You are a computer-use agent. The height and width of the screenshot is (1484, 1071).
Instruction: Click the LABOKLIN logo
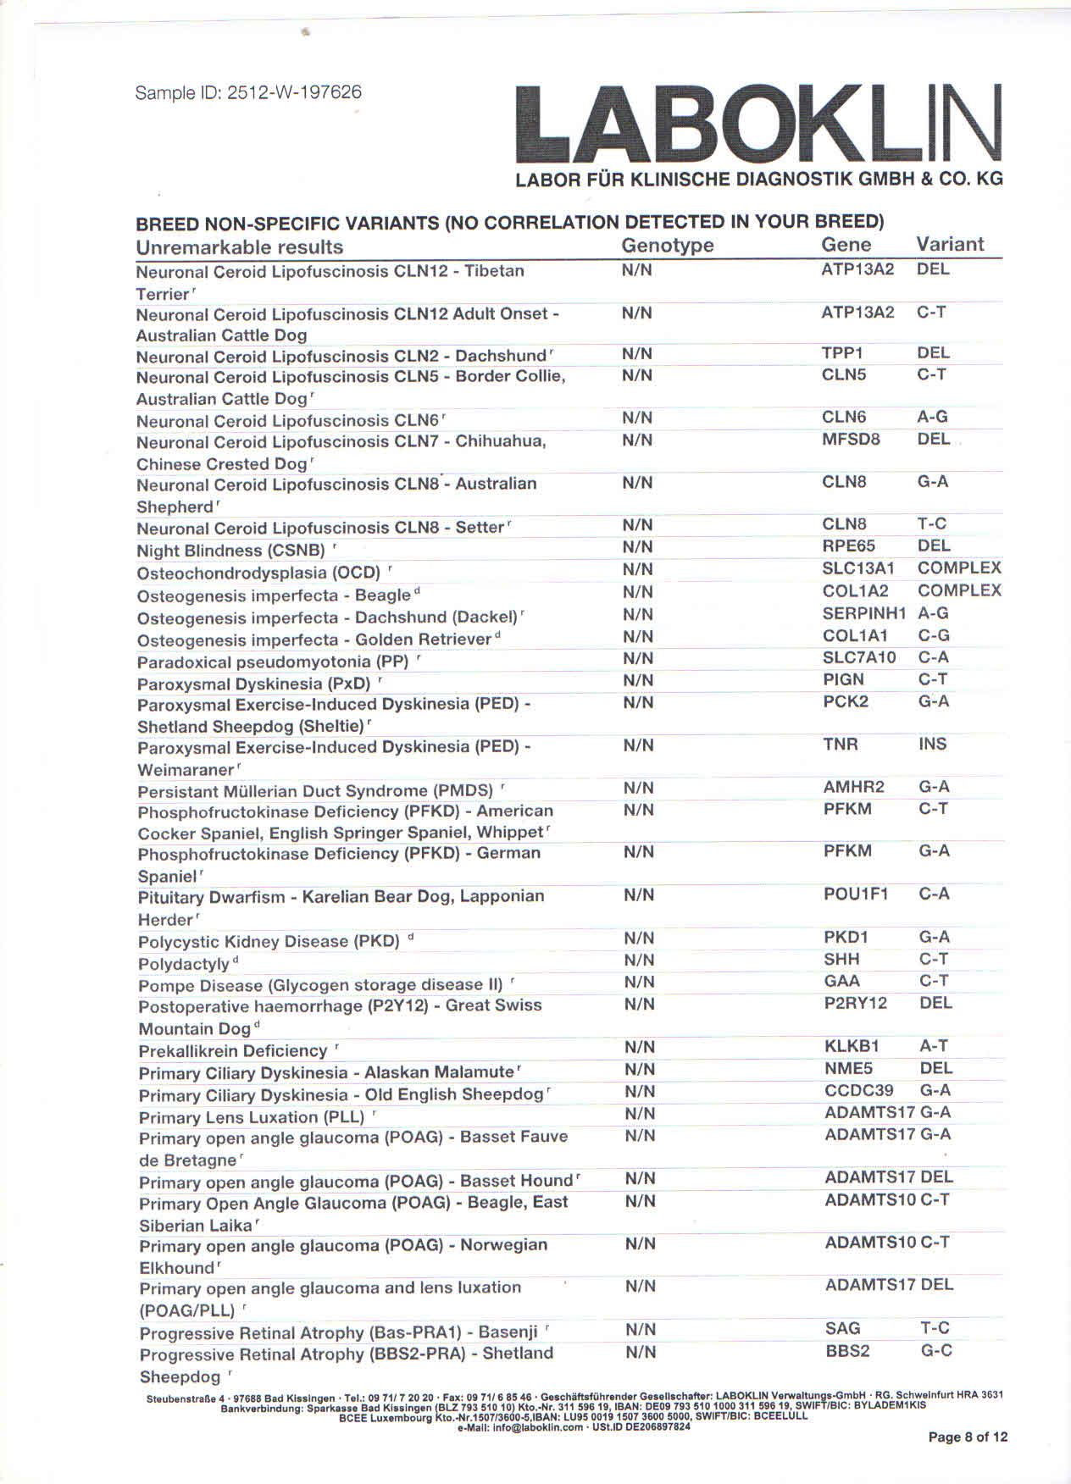click(758, 125)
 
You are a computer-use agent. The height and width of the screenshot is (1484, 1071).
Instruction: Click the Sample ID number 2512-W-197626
click(294, 92)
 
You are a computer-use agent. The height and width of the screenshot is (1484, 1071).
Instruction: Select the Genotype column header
click(667, 246)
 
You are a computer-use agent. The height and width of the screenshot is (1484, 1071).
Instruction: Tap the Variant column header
click(949, 245)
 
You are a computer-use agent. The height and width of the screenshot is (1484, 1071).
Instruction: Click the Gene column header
click(846, 245)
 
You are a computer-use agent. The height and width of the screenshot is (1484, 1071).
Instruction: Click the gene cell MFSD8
click(851, 440)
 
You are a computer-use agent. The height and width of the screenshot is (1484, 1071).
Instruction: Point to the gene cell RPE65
click(848, 546)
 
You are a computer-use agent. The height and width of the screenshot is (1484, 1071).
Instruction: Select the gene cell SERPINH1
click(863, 613)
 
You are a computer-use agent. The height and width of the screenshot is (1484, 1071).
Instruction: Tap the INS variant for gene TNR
click(932, 745)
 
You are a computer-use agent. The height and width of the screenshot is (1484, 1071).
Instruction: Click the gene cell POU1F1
click(855, 894)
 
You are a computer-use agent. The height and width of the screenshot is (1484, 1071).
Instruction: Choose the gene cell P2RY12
click(855, 1004)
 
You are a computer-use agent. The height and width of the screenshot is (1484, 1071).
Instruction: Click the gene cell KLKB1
click(852, 1047)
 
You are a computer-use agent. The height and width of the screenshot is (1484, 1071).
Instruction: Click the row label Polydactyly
click(184, 964)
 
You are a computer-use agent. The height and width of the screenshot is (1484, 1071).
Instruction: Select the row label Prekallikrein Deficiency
click(233, 1051)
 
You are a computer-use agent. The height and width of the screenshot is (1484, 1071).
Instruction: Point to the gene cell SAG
click(842, 1329)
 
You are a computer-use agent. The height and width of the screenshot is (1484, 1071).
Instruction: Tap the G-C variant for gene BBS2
click(935, 1351)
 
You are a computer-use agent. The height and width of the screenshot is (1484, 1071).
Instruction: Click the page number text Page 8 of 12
click(968, 1437)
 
